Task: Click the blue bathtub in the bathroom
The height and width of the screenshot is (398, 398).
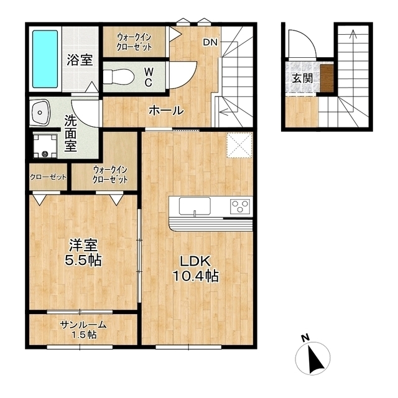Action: click(45, 59)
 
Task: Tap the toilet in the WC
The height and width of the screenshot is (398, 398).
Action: click(118, 76)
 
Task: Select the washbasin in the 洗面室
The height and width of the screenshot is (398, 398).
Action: click(40, 112)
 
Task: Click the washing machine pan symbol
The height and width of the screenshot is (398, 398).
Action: click(45, 146)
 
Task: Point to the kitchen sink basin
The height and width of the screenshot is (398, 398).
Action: click(195, 206)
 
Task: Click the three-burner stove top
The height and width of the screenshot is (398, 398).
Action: click(240, 206)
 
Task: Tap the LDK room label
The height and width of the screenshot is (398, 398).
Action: click(195, 261)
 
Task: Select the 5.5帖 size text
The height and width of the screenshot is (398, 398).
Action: click(83, 260)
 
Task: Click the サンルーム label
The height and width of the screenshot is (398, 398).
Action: click(83, 325)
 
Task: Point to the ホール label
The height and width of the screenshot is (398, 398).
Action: click(166, 111)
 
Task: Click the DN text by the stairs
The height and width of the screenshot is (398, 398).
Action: click(210, 42)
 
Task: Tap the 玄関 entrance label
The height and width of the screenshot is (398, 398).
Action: click(302, 78)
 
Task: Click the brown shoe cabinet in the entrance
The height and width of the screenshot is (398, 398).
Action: click(326, 78)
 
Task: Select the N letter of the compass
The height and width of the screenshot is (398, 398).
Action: click(305, 338)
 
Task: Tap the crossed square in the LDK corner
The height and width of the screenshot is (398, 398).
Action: click(239, 146)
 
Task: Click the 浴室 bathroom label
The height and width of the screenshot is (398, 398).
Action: click(80, 60)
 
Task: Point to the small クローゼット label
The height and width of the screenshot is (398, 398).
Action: click(49, 177)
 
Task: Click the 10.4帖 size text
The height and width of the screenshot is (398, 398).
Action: click(195, 276)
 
